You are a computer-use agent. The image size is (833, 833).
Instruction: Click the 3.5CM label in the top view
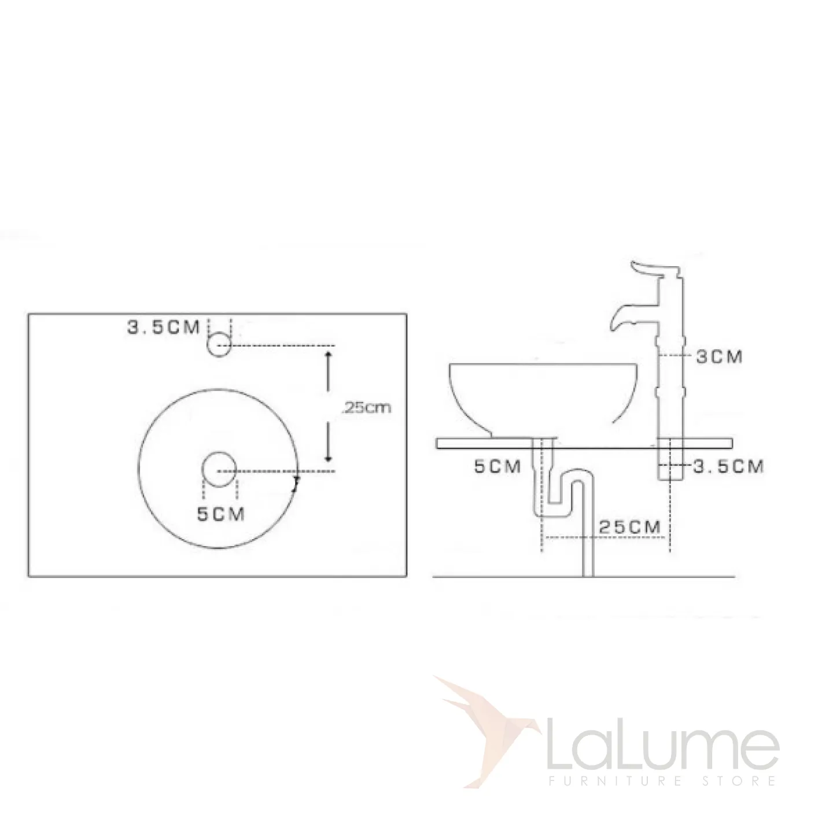point(163,327)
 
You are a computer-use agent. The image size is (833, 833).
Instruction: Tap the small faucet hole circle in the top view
point(219,345)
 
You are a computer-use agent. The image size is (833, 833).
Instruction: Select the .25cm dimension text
point(366,407)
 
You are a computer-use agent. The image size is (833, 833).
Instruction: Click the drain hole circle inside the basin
point(220,469)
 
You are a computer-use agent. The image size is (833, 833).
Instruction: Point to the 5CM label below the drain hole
point(221,514)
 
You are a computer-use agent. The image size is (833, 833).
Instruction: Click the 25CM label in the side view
point(630,527)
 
